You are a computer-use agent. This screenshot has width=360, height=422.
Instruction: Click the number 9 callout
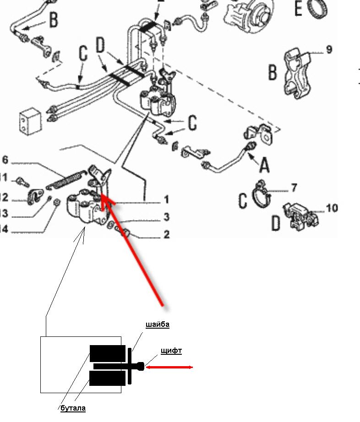pos(329,49)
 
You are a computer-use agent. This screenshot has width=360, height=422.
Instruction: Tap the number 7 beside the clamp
pos(294,187)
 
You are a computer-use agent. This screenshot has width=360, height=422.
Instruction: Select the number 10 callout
pos(332,208)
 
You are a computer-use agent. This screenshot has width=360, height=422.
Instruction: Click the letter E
pos(299,8)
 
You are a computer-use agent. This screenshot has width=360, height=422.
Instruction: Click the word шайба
pos(158,325)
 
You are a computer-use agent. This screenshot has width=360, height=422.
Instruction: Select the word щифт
pos(171,351)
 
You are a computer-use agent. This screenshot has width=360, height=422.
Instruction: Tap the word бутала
pos(73,408)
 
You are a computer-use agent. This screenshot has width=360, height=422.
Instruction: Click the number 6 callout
pos(5,160)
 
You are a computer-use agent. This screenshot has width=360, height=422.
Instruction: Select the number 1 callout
pos(167,200)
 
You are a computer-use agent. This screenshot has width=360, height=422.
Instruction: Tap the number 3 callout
pos(167,217)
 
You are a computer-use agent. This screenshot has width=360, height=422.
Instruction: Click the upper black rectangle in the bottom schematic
pos(107,353)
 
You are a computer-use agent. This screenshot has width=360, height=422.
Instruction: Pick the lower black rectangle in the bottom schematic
pos(107,378)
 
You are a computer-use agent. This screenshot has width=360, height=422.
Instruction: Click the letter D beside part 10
pos(276,223)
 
